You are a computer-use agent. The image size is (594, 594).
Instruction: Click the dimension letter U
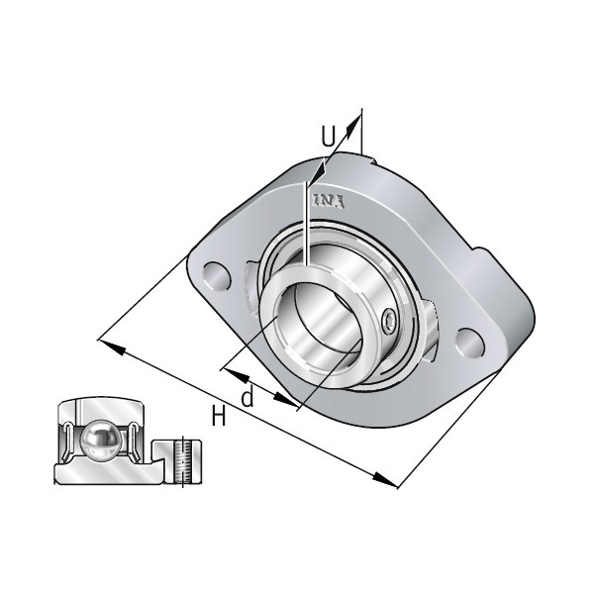(329, 134)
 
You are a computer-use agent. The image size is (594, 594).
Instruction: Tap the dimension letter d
(247, 398)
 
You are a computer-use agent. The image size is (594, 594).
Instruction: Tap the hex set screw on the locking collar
(390, 319)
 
